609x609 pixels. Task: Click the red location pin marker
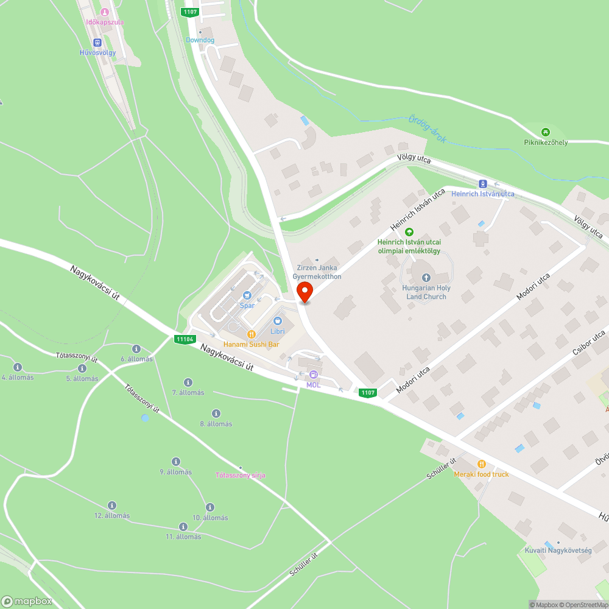point(304,292)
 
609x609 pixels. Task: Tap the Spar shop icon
point(247,295)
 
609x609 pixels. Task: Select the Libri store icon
point(278,320)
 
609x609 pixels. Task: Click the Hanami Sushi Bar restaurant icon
point(251,334)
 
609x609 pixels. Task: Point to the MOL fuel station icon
point(313,375)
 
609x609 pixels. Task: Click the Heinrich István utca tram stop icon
point(483,183)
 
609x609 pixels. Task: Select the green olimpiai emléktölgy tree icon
point(409,231)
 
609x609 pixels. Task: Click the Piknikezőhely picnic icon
point(546,132)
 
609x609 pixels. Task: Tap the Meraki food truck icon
point(481,463)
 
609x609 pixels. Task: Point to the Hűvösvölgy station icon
point(97,42)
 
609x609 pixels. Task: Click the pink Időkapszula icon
point(105,12)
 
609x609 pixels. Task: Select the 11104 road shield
point(184,339)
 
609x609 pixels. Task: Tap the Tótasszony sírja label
point(241,475)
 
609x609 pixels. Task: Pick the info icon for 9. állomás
point(176,462)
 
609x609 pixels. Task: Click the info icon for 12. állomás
point(112,505)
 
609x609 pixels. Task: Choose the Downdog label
point(200,40)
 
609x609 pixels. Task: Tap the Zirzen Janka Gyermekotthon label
point(317,272)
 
